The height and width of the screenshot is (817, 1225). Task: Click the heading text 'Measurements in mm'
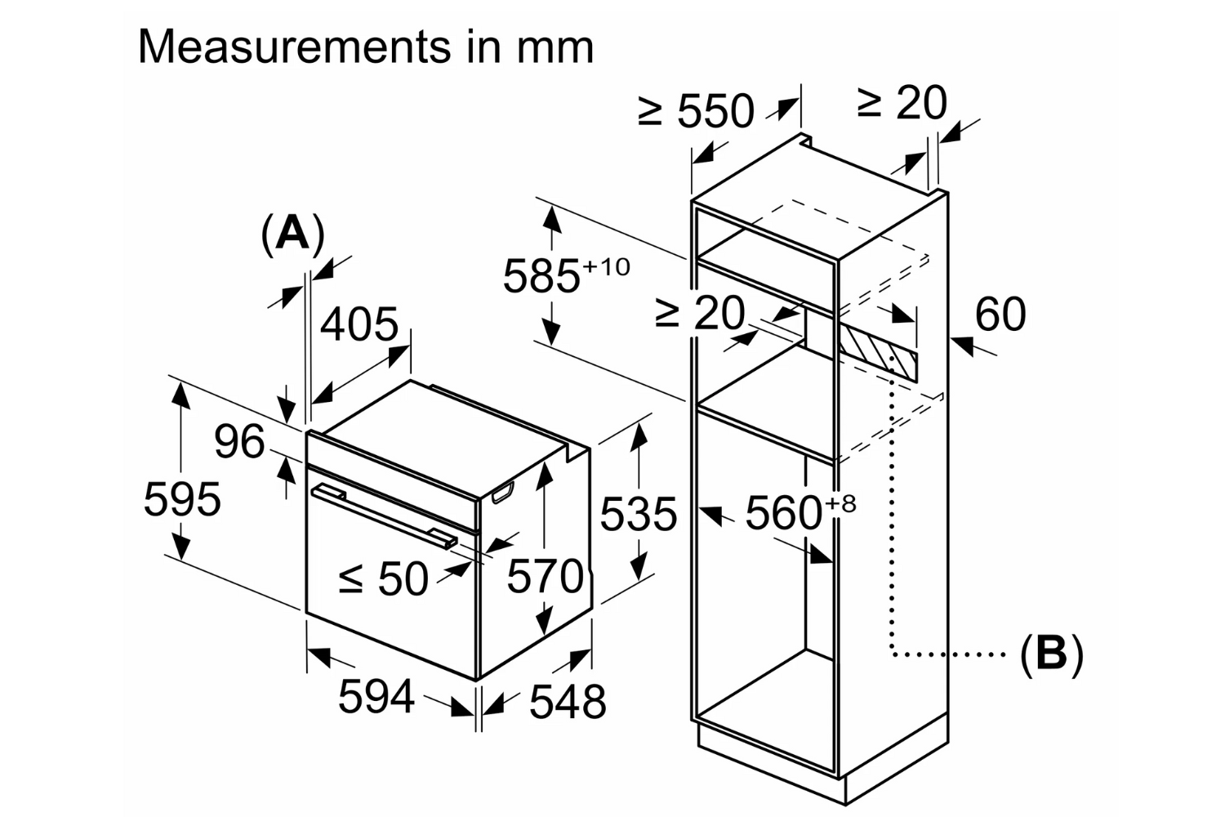pyautogui.click(x=366, y=47)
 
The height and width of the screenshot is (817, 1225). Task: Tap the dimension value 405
pyautogui.click(x=359, y=325)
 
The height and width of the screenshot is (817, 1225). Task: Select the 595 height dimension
pyautogui.click(x=182, y=498)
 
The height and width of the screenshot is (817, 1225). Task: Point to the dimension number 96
pyautogui.click(x=239, y=442)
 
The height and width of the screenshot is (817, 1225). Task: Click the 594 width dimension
pyautogui.click(x=376, y=697)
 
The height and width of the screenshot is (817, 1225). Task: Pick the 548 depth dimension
pyautogui.click(x=568, y=702)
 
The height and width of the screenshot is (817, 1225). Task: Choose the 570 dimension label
pyautogui.click(x=545, y=576)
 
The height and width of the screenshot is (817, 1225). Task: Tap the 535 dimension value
pyautogui.click(x=638, y=515)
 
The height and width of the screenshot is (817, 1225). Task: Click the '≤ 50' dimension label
pyautogui.click(x=384, y=579)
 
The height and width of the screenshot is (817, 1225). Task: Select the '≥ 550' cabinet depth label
pyautogui.click(x=696, y=111)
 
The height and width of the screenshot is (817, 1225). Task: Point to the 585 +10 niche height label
pyautogui.click(x=565, y=275)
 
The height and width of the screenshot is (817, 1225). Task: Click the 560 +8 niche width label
pyautogui.click(x=800, y=512)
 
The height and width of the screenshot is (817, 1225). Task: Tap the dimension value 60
pyautogui.click(x=1000, y=315)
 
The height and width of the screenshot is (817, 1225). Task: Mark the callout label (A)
pyautogui.click(x=292, y=234)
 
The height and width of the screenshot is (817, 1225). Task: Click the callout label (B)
pyautogui.click(x=1051, y=654)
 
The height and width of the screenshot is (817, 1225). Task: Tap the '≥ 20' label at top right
pyautogui.click(x=902, y=104)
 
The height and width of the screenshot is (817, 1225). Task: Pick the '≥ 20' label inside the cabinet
pyautogui.click(x=700, y=313)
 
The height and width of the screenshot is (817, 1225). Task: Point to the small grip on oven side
pyautogui.click(x=501, y=492)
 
